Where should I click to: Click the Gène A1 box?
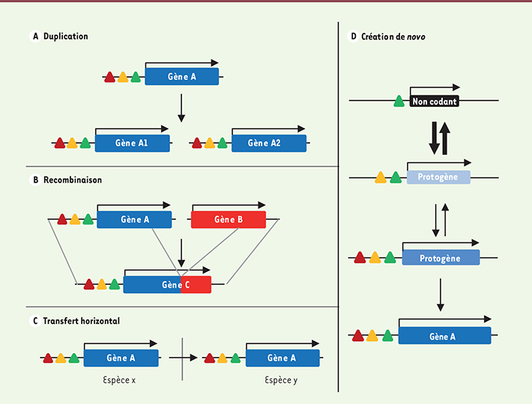point(132,143)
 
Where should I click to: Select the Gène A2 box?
point(268,143)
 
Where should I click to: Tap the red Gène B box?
point(229,219)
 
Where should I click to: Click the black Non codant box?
point(435,101)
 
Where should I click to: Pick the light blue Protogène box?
point(438,177)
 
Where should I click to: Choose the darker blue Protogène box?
point(441,257)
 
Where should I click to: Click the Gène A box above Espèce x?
point(121,358)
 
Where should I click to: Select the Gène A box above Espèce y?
point(282,358)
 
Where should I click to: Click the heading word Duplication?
point(65,36)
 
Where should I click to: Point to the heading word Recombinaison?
point(73,180)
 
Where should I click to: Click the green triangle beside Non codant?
point(399,102)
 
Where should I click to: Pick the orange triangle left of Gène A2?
point(209,143)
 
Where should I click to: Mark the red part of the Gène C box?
point(196,285)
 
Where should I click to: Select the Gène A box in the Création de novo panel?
point(444,336)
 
